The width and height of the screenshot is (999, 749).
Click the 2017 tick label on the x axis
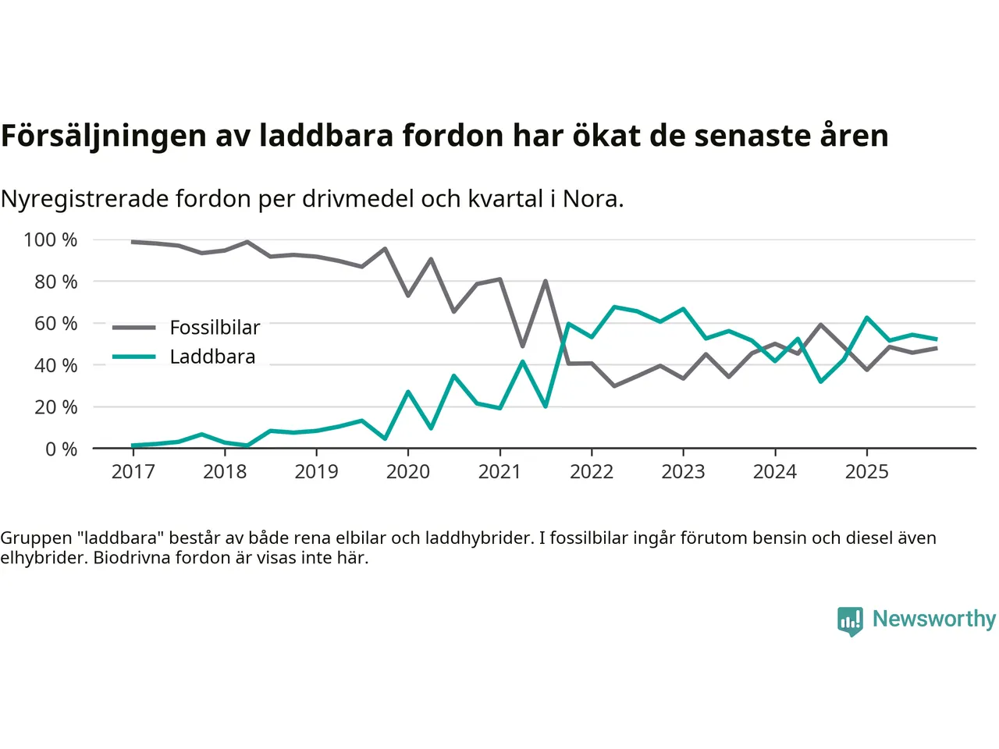pyautogui.click(x=133, y=471)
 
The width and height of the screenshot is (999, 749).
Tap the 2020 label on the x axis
pyautogui.click(x=407, y=471)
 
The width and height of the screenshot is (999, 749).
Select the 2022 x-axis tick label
pyautogui.click(x=592, y=471)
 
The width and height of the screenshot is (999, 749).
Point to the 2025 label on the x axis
pyautogui.click(x=866, y=471)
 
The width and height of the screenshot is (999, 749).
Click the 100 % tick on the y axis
pyautogui.click(x=51, y=240)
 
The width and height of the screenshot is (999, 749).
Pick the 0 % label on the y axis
pyautogui.click(x=61, y=449)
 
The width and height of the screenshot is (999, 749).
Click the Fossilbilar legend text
pyautogui.click(x=215, y=328)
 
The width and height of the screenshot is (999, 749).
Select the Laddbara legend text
pyautogui.click(x=212, y=357)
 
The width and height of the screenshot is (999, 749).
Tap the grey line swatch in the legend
pyautogui.click(x=134, y=328)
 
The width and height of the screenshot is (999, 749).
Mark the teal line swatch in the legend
pyautogui.click(x=134, y=357)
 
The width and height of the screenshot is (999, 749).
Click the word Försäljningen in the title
pyautogui.click(x=103, y=136)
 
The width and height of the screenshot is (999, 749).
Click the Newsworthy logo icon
pyautogui.click(x=850, y=621)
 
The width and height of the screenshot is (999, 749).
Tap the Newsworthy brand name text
pyautogui.click(x=933, y=619)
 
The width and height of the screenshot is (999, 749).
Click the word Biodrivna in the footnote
pyautogui.click(x=133, y=558)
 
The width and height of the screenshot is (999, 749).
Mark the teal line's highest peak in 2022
pyautogui.click(x=614, y=307)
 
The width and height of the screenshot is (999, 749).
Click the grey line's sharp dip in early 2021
pyautogui.click(x=522, y=346)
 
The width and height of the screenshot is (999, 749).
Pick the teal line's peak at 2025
pyautogui.click(x=866, y=318)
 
